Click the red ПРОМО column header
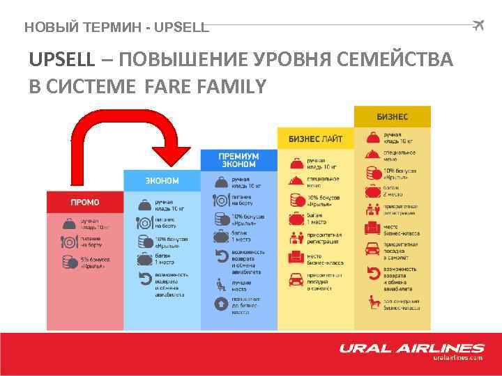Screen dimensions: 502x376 point(84,202)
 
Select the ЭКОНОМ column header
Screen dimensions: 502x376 point(161,180)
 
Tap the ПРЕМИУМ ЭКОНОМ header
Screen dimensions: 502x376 point(238,160)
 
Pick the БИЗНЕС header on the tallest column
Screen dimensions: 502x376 point(393,116)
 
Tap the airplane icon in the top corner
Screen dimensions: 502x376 point(478,25)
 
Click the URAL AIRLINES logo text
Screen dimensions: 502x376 point(411,347)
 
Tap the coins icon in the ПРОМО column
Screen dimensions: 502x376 point(69,261)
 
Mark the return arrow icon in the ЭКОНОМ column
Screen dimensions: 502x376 point(144,279)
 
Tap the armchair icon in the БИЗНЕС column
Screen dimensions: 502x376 point(372,228)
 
